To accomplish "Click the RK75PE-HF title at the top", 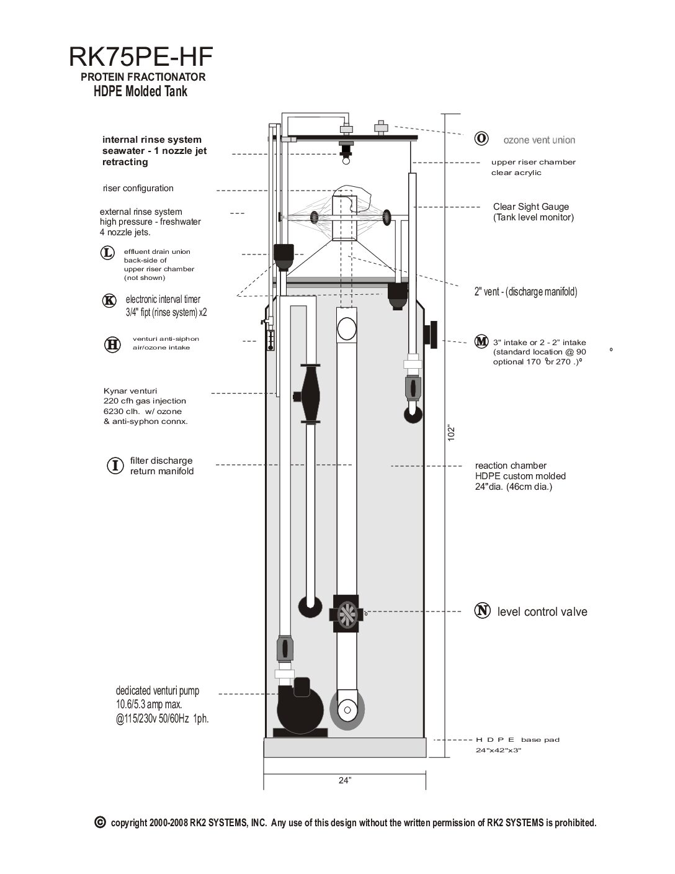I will (x=141, y=58).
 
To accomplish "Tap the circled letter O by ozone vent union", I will (x=480, y=138).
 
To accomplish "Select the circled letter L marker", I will (x=107, y=253).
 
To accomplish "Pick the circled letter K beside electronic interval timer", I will (x=109, y=300).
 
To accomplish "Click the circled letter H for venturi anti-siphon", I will (x=112, y=345).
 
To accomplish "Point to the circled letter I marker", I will (x=114, y=466).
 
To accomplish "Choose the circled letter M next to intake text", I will (x=481, y=341).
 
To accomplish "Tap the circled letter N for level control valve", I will (x=482, y=611).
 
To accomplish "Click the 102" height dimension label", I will (x=452, y=433).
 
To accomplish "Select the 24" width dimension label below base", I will (x=345, y=781).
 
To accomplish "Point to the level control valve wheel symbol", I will (x=346, y=613).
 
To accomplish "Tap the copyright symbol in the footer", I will (x=99, y=822).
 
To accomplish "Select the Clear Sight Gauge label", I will (x=531, y=207).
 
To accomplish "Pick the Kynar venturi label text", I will (x=130, y=391).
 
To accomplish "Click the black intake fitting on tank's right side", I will (x=431, y=335).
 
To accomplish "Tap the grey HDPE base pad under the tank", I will (x=345, y=748).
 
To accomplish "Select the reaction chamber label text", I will (x=511, y=466).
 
